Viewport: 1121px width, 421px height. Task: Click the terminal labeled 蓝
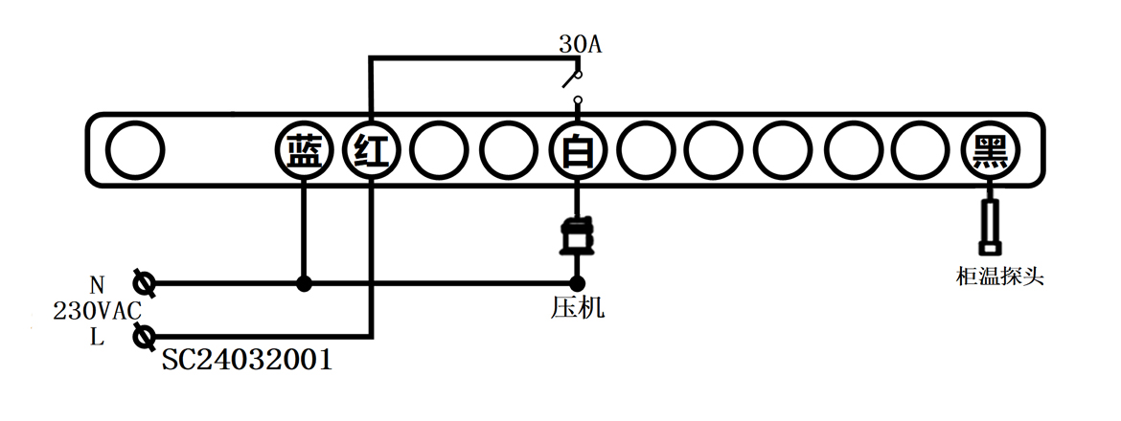[x=303, y=151]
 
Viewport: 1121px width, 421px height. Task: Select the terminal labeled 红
[x=372, y=151]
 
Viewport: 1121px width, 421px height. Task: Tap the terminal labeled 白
[x=577, y=151]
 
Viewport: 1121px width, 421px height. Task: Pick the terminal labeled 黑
[x=990, y=151]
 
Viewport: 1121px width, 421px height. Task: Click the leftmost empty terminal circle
[x=134, y=151]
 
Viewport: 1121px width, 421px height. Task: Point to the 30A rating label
[x=580, y=44]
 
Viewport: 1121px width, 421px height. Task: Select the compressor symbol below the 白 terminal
[x=576, y=236]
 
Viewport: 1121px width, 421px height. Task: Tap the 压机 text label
[x=578, y=308]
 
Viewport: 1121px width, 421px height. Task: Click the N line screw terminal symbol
[x=145, y=283]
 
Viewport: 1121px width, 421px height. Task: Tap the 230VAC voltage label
[x=98, y=310]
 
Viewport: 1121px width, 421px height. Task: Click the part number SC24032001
[x=246, y=361]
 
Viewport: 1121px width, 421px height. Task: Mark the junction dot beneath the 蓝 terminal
[x=303, y=283]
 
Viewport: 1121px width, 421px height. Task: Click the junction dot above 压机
[x=577, y=283]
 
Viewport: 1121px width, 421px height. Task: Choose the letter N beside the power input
[x=97, y=285]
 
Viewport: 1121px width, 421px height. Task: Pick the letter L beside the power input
[x=97, y=336]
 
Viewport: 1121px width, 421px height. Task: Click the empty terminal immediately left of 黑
[x=921, y=151]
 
